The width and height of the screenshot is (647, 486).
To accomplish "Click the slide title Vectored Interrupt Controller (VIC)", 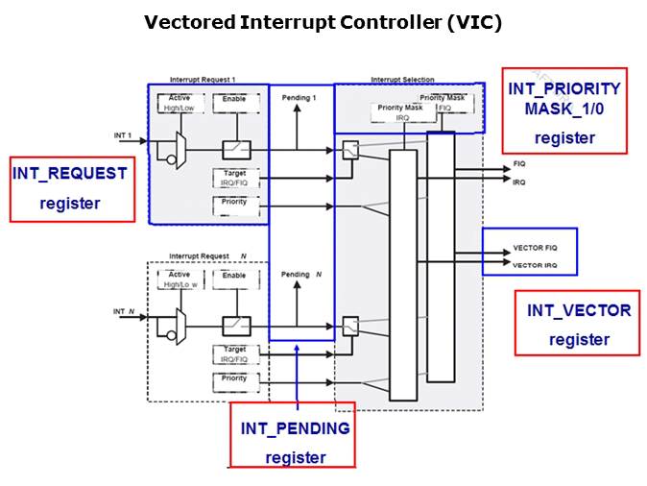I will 323,22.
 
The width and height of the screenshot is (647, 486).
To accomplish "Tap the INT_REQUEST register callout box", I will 72,188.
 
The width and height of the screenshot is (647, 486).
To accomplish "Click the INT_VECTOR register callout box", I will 578,324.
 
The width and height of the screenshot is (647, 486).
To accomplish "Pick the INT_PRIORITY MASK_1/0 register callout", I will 564,111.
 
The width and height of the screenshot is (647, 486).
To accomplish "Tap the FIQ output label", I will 519,166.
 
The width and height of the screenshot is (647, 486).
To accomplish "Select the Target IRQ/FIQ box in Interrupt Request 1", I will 234,176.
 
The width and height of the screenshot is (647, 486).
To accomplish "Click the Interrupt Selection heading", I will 402,79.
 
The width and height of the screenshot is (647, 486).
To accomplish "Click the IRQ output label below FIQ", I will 519,182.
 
